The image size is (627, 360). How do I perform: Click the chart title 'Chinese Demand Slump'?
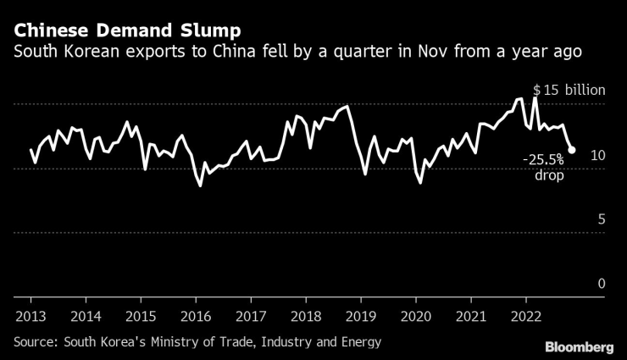(x=127, y=30)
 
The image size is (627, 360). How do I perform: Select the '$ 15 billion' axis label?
(x=569, y=90)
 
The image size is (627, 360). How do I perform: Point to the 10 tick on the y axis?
(x=597, y=155)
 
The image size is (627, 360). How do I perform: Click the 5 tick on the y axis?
(x=602, y=219)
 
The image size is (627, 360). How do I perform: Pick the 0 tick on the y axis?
(x=602, y=284)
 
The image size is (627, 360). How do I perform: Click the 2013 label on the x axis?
(x=31, y=316)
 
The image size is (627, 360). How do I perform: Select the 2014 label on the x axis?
(x=86, y=316)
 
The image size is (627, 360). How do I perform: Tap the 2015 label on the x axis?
(x=141, y=316)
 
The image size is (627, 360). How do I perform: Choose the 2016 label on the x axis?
(x=196, y=316)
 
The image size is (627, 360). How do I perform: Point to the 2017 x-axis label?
(x=251, y=316)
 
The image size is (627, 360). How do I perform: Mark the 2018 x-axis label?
(x=306, y=316)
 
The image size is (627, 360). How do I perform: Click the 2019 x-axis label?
(x=361, y=316)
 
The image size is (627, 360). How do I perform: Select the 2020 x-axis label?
(x=416, y=316)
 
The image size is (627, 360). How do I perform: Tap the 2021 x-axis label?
(x=471, y=316)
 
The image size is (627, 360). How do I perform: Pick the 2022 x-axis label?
(x=526, y=316)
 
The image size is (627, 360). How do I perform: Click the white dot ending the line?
(x=572, y=150)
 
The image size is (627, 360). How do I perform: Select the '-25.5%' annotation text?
(x=543, y=159)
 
